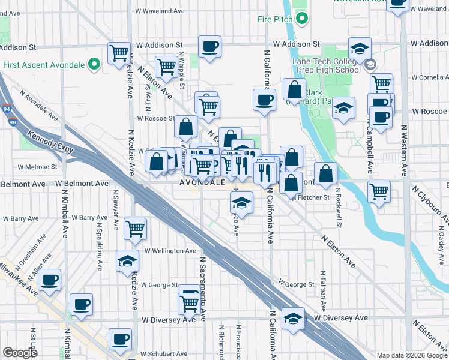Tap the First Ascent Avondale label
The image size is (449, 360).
coord(43,65)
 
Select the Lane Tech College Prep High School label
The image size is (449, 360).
coord(327,65)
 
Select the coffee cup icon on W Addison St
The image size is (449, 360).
coord(210,47)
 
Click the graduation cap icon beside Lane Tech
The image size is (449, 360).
coord(360,49)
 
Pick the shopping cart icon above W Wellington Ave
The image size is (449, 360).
coord(136,229)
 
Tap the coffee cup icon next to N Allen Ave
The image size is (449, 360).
coord(49,279)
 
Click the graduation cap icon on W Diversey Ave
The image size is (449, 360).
coord(293,318)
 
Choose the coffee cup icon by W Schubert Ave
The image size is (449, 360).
coord(120,339)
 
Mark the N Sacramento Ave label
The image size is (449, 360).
coord(203,288)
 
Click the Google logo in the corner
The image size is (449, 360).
coord(20,353)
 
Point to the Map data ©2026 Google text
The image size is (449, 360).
coord(412,355)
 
